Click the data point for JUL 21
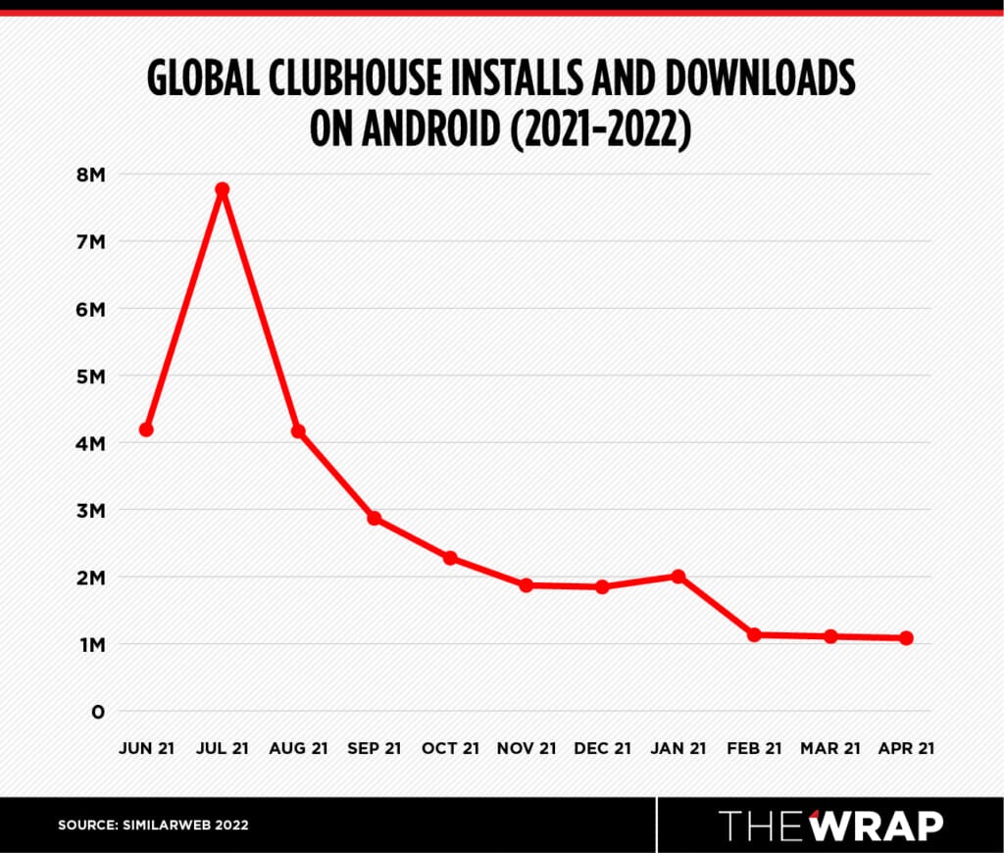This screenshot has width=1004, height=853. [223, 189]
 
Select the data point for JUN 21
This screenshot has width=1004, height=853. [146, 429]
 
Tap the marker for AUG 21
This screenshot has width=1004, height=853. [298, 431]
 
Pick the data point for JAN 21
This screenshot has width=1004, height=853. [678, 577]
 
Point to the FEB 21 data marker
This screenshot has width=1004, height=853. [754, 634]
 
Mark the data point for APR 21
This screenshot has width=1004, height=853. [906, 638]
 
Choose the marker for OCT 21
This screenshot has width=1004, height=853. [450, 558]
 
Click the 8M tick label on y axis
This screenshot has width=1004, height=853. [90, 175]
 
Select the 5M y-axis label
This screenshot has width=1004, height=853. [90, 376]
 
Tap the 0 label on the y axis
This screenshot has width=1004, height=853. [97, 712]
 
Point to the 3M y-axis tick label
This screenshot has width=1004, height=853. [90, 510]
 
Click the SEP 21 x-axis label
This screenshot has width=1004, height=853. [375, 748]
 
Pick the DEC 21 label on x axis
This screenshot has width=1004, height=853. [602, 748]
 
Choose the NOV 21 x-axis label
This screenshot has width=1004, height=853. [526, 748]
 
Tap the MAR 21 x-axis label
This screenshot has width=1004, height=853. [829, 748]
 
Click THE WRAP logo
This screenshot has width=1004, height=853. [830, 826]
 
